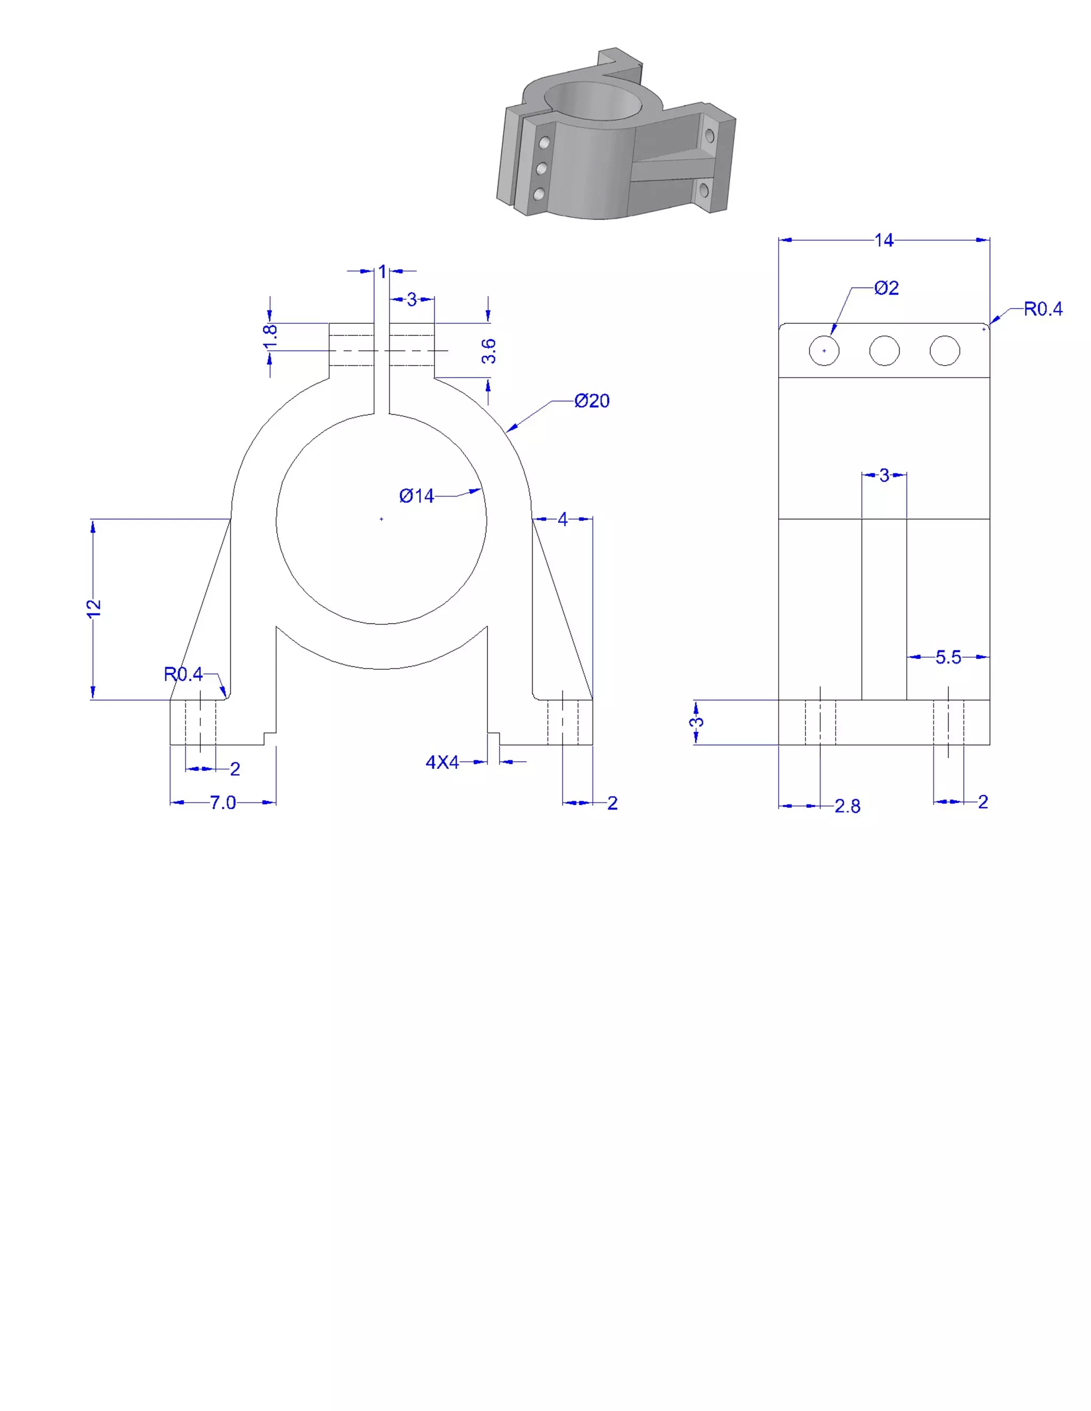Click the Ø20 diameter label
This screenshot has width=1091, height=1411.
click(x=591, y=401)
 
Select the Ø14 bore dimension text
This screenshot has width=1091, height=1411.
click(x=416, y=496)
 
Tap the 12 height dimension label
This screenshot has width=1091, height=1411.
click(x=94, y=608)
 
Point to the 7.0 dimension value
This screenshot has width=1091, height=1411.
click(x=223, y=802)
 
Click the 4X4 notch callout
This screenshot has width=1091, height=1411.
click(x=442, y=762)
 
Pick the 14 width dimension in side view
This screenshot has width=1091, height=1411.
click(x=884, y=240)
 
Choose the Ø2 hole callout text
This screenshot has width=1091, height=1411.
click(x=886, y=288)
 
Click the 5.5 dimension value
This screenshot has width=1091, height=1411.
click(x=948, y=657)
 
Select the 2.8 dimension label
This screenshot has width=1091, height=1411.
click(x=848, y=806)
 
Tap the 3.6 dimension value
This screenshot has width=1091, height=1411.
click(x=489, y=351)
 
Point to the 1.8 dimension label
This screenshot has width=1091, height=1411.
click(x=271, y=337)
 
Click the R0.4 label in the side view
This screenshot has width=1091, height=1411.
click(x=1043, y=309)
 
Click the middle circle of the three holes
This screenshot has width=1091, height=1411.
click(x=884, y=351)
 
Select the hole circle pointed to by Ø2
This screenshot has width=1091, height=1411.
click(x=824, y=351)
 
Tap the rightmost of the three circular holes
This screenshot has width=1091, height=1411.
click(x=945, y=351)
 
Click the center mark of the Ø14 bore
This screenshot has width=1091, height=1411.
click(x=381, y=519)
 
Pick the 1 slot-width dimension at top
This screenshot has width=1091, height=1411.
click(x=382, y=272)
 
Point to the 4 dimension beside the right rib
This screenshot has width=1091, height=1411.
click(x=563, y=520)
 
